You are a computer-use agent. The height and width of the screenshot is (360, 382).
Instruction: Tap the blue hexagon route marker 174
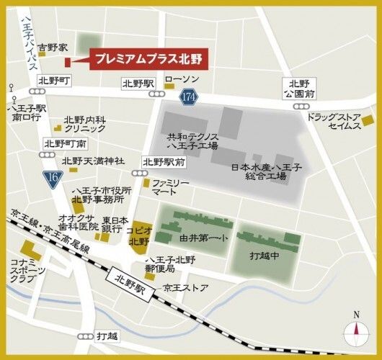190,96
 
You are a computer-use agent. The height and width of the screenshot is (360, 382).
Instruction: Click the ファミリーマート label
170,189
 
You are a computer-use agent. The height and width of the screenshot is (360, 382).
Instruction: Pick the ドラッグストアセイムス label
333,121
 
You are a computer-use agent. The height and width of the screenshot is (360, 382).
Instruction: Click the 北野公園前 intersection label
298,88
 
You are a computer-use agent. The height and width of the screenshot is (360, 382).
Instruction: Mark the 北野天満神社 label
93,161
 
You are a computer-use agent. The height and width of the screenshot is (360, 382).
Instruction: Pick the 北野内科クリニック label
85,124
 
